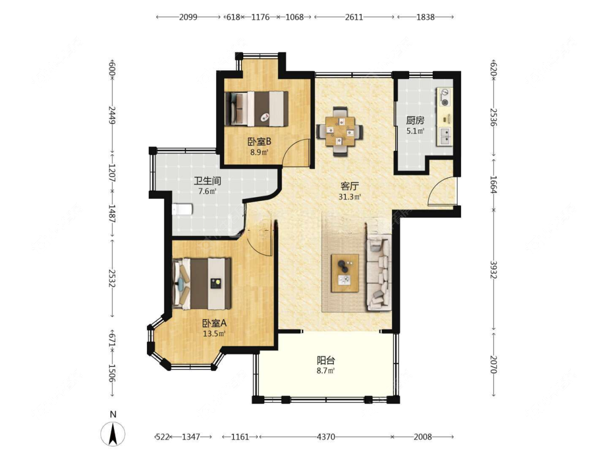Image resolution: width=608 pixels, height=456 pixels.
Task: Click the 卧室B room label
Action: tap(259, 142)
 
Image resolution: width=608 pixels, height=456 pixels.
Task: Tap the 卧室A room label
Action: tap(214, 323)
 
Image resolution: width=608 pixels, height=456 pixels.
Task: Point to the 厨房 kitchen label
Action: tap(415, 120)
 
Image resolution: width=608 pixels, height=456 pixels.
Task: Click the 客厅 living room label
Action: tap(349, 186)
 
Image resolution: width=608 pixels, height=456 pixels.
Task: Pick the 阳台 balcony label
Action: tap(326, 360)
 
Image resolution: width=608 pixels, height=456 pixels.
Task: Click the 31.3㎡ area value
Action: tap(350, 197)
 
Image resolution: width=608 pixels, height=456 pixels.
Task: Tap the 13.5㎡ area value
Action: tap(214, 333)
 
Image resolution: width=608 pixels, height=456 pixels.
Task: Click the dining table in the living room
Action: tap(340, 131)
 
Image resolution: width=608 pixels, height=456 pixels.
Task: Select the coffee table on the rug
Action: tap(345, 273)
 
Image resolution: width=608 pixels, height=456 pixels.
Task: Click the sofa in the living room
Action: tap(378, 272)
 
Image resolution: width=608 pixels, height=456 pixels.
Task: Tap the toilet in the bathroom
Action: tap(182, 210)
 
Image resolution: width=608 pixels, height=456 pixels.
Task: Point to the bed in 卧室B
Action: tap(256, 109)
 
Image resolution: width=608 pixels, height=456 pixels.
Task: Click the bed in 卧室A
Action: tap(202, 284)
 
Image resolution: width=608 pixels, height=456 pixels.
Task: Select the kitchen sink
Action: tap(445, 136)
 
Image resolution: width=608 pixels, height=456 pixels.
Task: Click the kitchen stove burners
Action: tap(445, 97)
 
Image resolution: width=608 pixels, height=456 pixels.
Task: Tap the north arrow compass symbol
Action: tap(113, 433)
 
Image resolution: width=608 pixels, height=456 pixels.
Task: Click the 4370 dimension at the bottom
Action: tap(326, 437)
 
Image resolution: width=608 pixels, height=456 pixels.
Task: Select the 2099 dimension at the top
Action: tap(188, 17)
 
